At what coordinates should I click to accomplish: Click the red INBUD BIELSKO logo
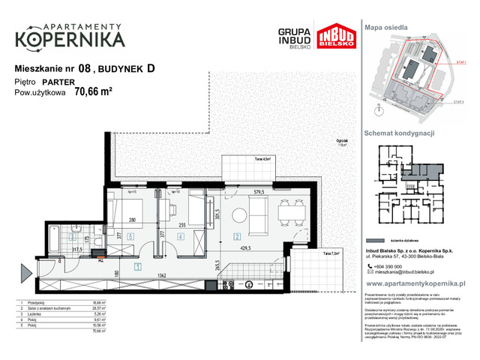[x=334, y=38]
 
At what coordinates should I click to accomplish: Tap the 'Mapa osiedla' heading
[x=386, y=27]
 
